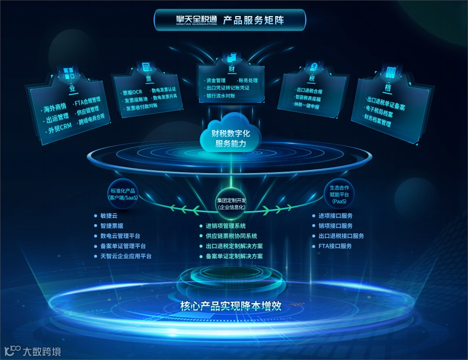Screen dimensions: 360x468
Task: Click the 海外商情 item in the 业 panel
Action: (x=55, y=108)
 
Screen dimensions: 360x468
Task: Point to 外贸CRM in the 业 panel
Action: (x=60, y=128)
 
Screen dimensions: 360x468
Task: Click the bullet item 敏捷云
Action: (x=110, y=216)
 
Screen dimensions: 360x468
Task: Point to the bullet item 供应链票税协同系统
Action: (x=231, y=236)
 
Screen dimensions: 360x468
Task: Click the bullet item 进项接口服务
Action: (x=335, y=216)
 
